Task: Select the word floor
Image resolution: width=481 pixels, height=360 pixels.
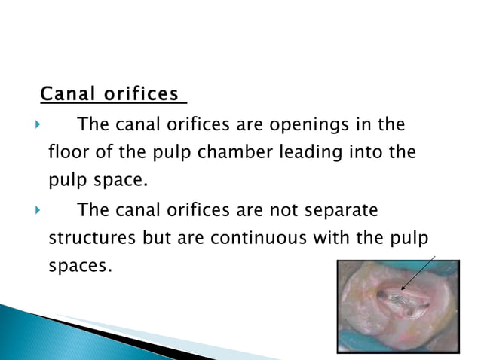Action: (67, 153)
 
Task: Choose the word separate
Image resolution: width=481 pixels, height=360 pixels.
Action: (339, 209)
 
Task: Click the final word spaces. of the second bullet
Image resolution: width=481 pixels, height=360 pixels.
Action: (79, 267)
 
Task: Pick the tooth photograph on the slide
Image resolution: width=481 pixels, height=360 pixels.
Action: (398, 304)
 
